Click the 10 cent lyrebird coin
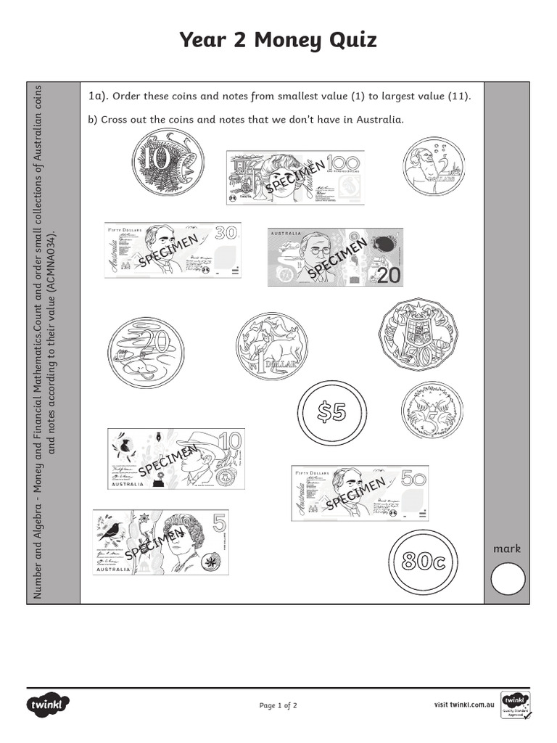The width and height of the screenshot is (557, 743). tap(168, 162)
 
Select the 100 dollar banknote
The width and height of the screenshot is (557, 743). tap(295, 178)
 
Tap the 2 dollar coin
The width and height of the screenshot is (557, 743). tap(434, 166)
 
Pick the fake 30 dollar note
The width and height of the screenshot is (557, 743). tap(172, 250)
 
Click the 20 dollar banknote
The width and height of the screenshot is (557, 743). tap(336, 258)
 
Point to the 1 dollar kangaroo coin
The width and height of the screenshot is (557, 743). tap(272, 346)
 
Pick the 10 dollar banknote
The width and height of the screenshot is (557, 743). tap(176, 459)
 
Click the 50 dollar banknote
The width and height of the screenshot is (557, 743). tap(360, 493)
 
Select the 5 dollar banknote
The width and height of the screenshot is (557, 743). tap(160, 542)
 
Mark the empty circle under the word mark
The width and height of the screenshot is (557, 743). tap(508, 580)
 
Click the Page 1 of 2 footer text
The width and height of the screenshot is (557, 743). tap(278, 705)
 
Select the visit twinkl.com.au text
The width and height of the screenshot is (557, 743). tap(464, 705)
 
